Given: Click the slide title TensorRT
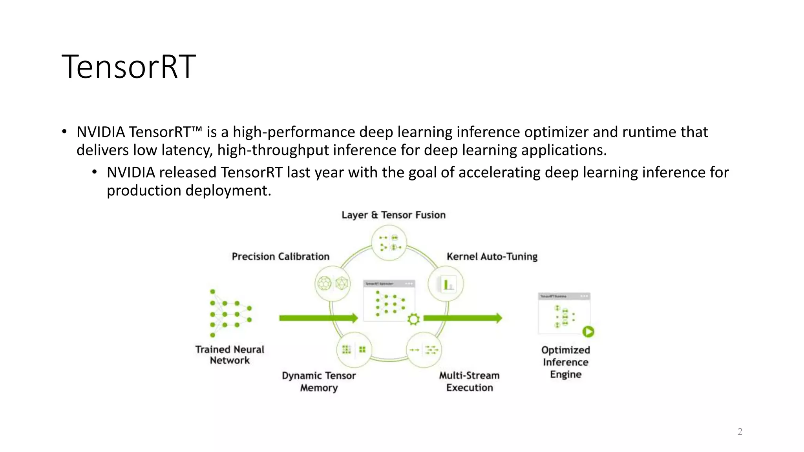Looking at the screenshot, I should tap(128, 67).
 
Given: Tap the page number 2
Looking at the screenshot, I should tap(740, 432).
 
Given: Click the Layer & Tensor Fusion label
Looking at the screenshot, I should tap(393, 215).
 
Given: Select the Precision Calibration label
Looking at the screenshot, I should tap(280, 257).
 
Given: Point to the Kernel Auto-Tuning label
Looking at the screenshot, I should tap(492, 257).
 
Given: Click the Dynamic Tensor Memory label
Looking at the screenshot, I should tap(319, 381).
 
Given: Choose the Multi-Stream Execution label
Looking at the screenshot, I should tap(469, 381).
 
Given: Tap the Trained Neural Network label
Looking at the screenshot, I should tap(230, 355).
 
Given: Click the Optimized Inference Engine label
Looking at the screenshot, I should tap(565, 362).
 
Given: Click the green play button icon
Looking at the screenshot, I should tap(588, 332).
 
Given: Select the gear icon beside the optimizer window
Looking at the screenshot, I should tap(413, 319).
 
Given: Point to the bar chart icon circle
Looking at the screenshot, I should tap(446, 284).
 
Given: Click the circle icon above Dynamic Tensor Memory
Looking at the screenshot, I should tap(354, 350).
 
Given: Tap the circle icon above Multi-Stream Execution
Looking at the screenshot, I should tap(424, 350).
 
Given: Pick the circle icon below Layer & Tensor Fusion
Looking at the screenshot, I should tap(389, 242).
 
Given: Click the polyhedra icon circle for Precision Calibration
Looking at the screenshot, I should tap(333, 283).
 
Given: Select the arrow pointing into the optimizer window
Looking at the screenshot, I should tap(318, 318).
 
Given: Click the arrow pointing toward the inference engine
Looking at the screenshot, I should tap(462, 318).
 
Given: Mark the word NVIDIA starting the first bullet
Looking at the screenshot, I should tap(100, 132).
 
